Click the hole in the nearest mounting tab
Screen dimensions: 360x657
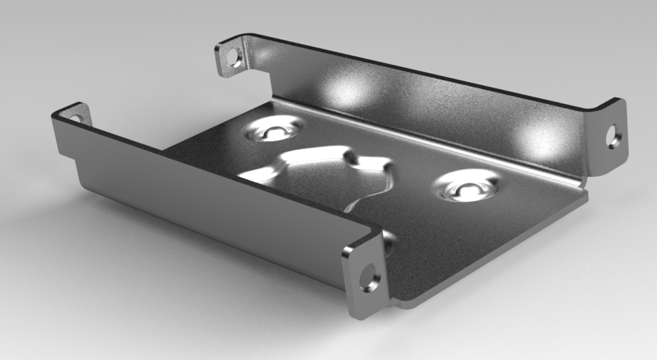(x=369, y=281)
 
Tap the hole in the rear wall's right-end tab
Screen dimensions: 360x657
(x=611, y=136)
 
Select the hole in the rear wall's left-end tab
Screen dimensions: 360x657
(x=234, y=57)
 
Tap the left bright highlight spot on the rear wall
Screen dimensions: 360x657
(x=346, y=90)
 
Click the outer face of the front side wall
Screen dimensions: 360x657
(x=205, y=205)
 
